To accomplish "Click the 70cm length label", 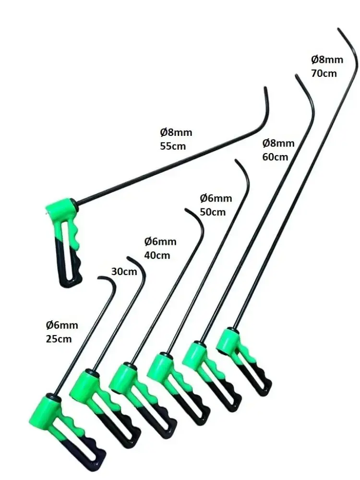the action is click(324, 73).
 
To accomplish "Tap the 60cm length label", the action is click(276, 157).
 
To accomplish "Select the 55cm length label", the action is click(173, 146).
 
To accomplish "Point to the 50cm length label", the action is click(213, 212).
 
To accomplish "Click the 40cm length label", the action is click(157, 255).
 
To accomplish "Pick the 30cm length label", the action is click(124, 271).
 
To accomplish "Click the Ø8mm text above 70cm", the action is click(327, 60).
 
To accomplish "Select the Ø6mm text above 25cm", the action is click(62, 325).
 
